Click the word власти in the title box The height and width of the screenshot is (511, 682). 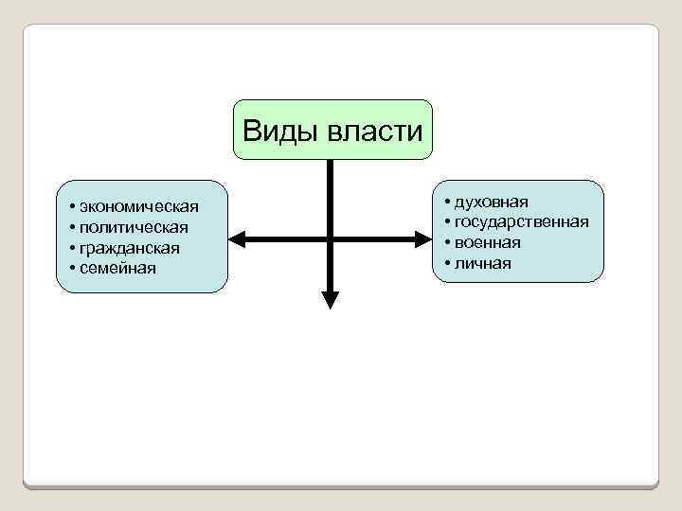tap(376, 130)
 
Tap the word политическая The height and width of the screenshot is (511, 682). tap(134, 227)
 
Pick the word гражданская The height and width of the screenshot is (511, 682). tap(130, 248)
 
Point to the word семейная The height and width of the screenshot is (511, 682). tap(118, 269)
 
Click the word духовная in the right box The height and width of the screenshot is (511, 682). tap(492, 202)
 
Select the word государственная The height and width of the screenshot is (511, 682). tap(521, 221)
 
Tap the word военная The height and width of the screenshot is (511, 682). tap(487, 242)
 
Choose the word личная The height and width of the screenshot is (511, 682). tap(482, 263)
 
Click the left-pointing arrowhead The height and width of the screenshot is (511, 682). tap(239, 238)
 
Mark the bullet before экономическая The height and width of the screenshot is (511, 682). tap(72, 206)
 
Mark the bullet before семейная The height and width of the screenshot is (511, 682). tap(72, 269)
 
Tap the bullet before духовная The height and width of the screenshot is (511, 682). tap(446, 202)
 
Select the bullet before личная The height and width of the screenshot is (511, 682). tap(446, 263)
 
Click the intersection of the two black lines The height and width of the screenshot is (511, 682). tap(330, 238)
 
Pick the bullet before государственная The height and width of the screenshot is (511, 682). tap(446, 221)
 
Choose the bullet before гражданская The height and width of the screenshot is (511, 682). tap(72, 248)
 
